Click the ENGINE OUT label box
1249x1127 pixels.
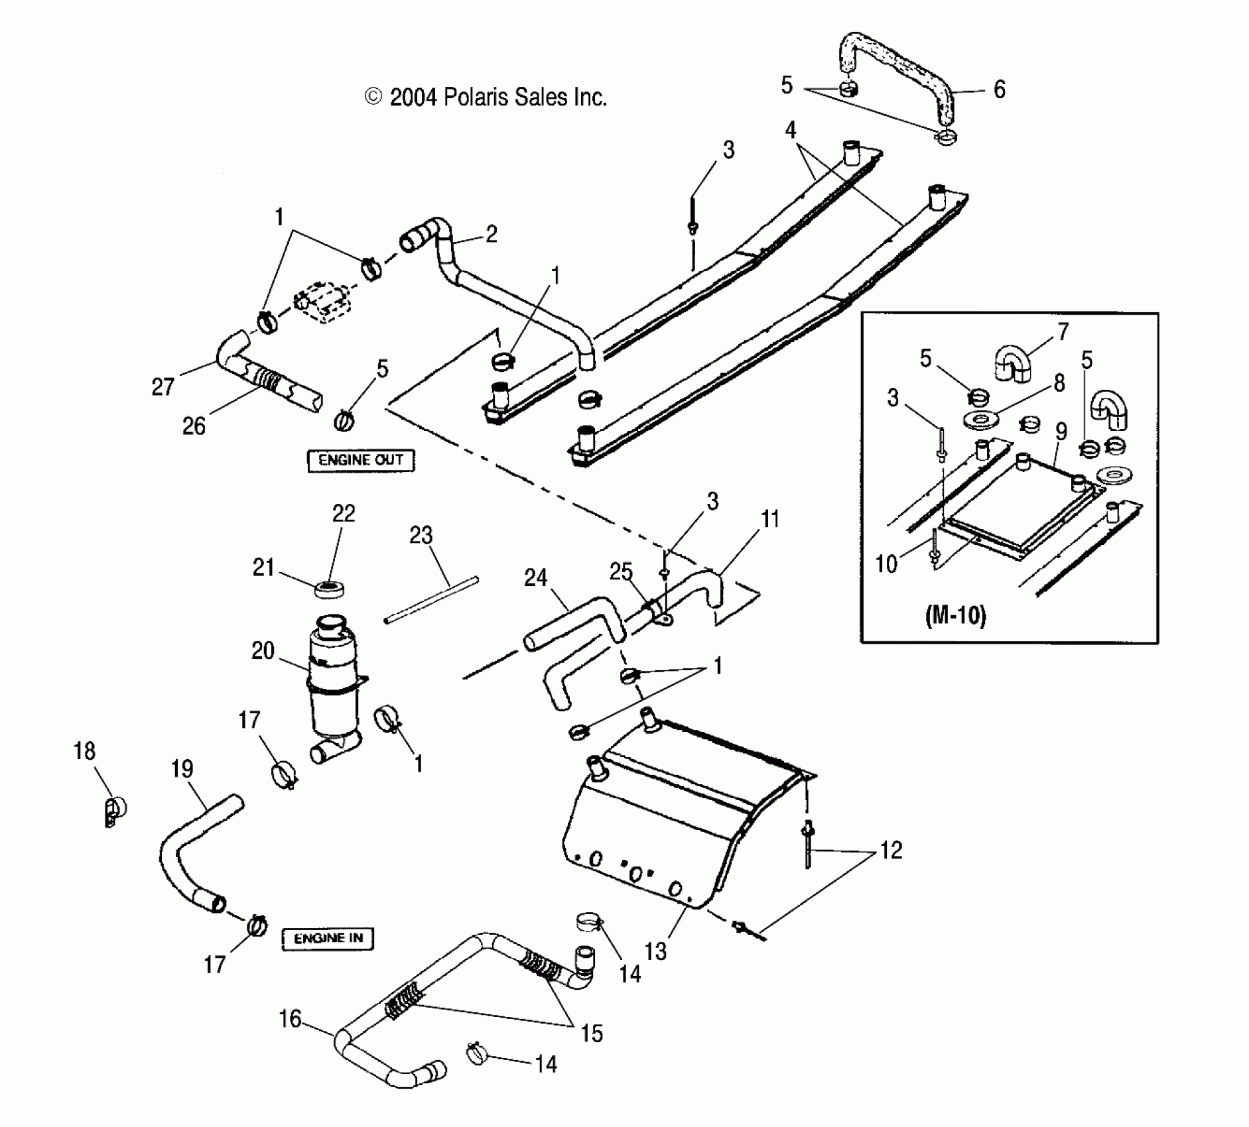(360, 460)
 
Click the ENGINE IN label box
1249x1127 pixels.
(328, 939)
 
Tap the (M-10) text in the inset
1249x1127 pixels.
(955, 616)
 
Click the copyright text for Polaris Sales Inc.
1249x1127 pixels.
(486, 97)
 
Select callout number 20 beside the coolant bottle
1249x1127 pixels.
(263, 650)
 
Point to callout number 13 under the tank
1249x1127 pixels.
(655, 951)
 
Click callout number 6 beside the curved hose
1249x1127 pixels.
(1000, 89)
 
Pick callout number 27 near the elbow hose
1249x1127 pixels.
(163, 386)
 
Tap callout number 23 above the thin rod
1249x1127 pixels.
(421, 535)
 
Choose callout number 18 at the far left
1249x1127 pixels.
(84, 751)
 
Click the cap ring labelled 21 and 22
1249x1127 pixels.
(329, 589)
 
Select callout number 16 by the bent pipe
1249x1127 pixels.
(290, 1019)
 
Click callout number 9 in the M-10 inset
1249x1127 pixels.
(1061, 432)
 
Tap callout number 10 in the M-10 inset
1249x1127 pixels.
(886, 563)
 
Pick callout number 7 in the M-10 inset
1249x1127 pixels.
(1063, 331)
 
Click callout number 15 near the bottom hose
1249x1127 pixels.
(592, 1033)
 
